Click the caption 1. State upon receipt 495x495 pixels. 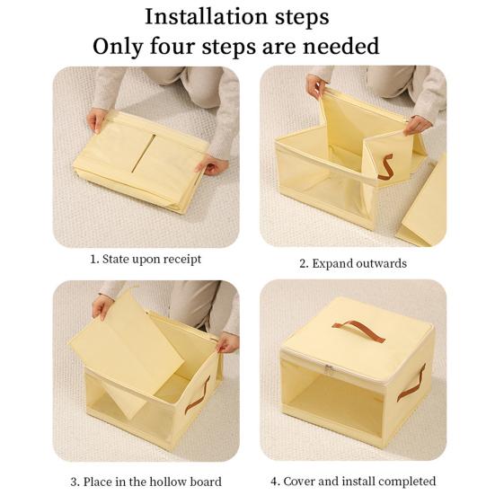(x=145, y=259)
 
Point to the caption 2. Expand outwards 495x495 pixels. (x=352, y=263)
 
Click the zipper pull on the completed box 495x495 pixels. (x=329, y=369)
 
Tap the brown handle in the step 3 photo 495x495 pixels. (x=198, y=394)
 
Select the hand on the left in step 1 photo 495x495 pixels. (x=95, y=120)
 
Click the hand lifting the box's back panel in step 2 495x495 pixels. (x=316, y=86)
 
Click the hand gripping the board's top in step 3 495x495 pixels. (x=102, y=305)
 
